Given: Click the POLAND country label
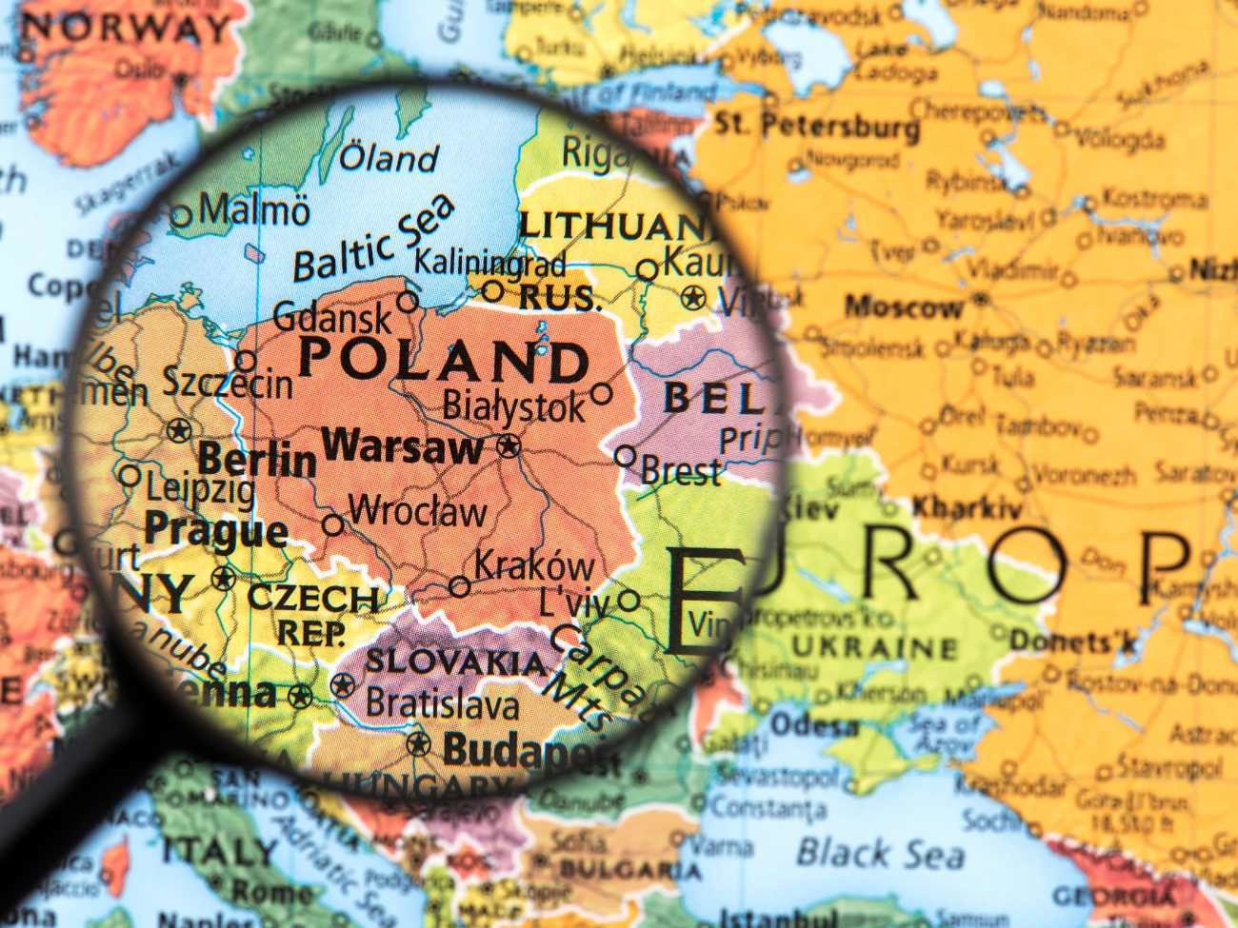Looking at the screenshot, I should click(445, 361).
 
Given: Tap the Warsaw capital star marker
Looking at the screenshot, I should click(509, 445).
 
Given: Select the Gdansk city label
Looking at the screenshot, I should click(332, 317).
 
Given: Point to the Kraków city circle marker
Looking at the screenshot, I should click(460, 586).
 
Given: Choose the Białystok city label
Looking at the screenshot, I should click(514, 406).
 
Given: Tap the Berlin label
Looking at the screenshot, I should click(256, 460).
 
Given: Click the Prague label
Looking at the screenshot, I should click(215, 529).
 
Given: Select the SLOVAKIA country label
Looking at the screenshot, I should click(456, 661).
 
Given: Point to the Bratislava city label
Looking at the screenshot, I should click(443, 704).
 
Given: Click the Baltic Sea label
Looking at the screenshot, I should click(373, 239).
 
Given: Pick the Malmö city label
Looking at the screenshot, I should click(254, 209).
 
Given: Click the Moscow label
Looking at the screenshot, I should click(904, 307).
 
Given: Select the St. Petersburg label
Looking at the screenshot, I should click(817, 126).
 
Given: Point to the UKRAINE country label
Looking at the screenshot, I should click(874, 649).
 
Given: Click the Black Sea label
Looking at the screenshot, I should click(867, 853).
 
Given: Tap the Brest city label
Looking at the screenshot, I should click(681, 471).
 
